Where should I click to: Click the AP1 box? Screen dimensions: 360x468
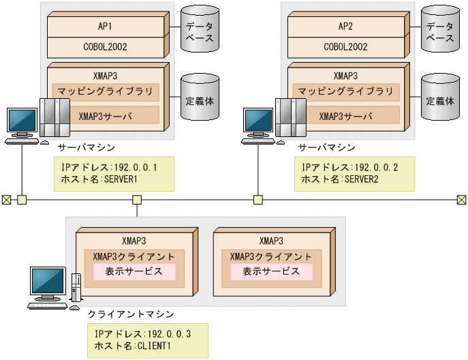106,26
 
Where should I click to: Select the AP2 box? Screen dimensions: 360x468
347,26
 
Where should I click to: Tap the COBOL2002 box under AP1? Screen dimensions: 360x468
106,47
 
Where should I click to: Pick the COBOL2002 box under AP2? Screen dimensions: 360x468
347,47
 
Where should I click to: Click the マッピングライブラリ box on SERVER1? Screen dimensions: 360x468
106,91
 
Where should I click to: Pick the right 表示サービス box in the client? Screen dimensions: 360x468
272,271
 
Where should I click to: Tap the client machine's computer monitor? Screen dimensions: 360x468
47,282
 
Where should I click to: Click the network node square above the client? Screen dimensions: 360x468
137,200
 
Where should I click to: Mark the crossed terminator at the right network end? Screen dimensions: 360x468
462,200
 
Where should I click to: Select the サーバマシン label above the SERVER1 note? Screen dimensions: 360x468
87,148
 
